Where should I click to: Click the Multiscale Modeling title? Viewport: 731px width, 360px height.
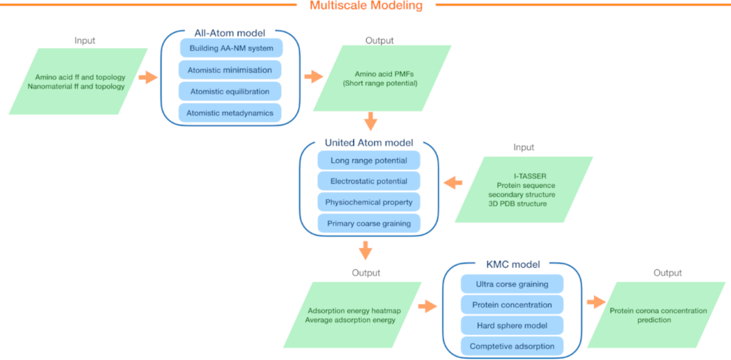pos(365,6)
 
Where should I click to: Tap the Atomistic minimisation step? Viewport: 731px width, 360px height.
pos(230,70)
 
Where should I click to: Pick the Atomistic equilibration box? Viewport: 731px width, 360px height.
pos(230,91)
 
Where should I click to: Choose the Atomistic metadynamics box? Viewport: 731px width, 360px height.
pos(230,113)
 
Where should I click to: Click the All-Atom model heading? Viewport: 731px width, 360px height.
pos(230,32)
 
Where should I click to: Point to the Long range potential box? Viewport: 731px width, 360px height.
pos(369,160)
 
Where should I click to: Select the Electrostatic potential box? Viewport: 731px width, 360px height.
pos(369,181)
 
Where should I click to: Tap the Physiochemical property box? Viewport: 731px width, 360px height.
pos(369,202)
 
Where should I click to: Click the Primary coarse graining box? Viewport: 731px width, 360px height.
pos(369,224)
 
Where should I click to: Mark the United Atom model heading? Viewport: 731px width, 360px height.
pos(369,143)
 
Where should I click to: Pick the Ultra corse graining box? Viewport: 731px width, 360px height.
pos(512,284)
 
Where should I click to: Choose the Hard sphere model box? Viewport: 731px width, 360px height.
pos(512,326)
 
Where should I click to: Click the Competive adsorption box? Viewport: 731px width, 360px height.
pos(512,347)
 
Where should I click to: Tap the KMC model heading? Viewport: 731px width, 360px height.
pos(512,266)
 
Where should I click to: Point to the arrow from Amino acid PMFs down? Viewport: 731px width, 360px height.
pos(370,119)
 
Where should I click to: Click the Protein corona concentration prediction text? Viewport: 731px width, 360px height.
pos(657,315)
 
